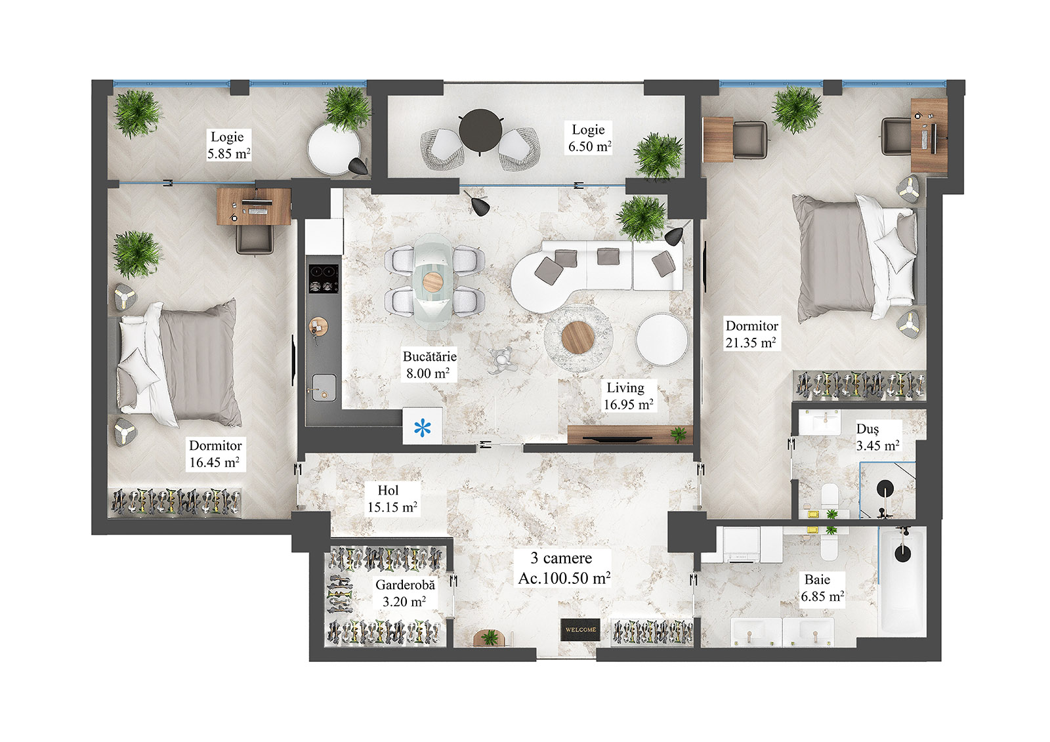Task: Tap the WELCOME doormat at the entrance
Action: click(581, 629)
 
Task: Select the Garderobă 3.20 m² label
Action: click(405, 593)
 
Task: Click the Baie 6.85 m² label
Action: click(822, 588)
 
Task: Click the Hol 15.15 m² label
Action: click(392, 499)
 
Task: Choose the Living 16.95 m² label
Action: click(628, 396)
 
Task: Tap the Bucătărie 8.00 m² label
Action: click(429, 365)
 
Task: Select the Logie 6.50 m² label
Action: click(589, 138)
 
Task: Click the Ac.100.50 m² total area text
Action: click(564, 578)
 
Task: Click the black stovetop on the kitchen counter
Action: click(324, 278)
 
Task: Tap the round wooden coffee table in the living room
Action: click(578, 338)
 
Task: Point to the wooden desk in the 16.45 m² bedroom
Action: click(253, 206)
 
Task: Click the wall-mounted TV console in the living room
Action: click(628, 434)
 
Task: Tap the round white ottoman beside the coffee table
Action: click(661, 339)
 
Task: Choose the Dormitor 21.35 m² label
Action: click(751, 334)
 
